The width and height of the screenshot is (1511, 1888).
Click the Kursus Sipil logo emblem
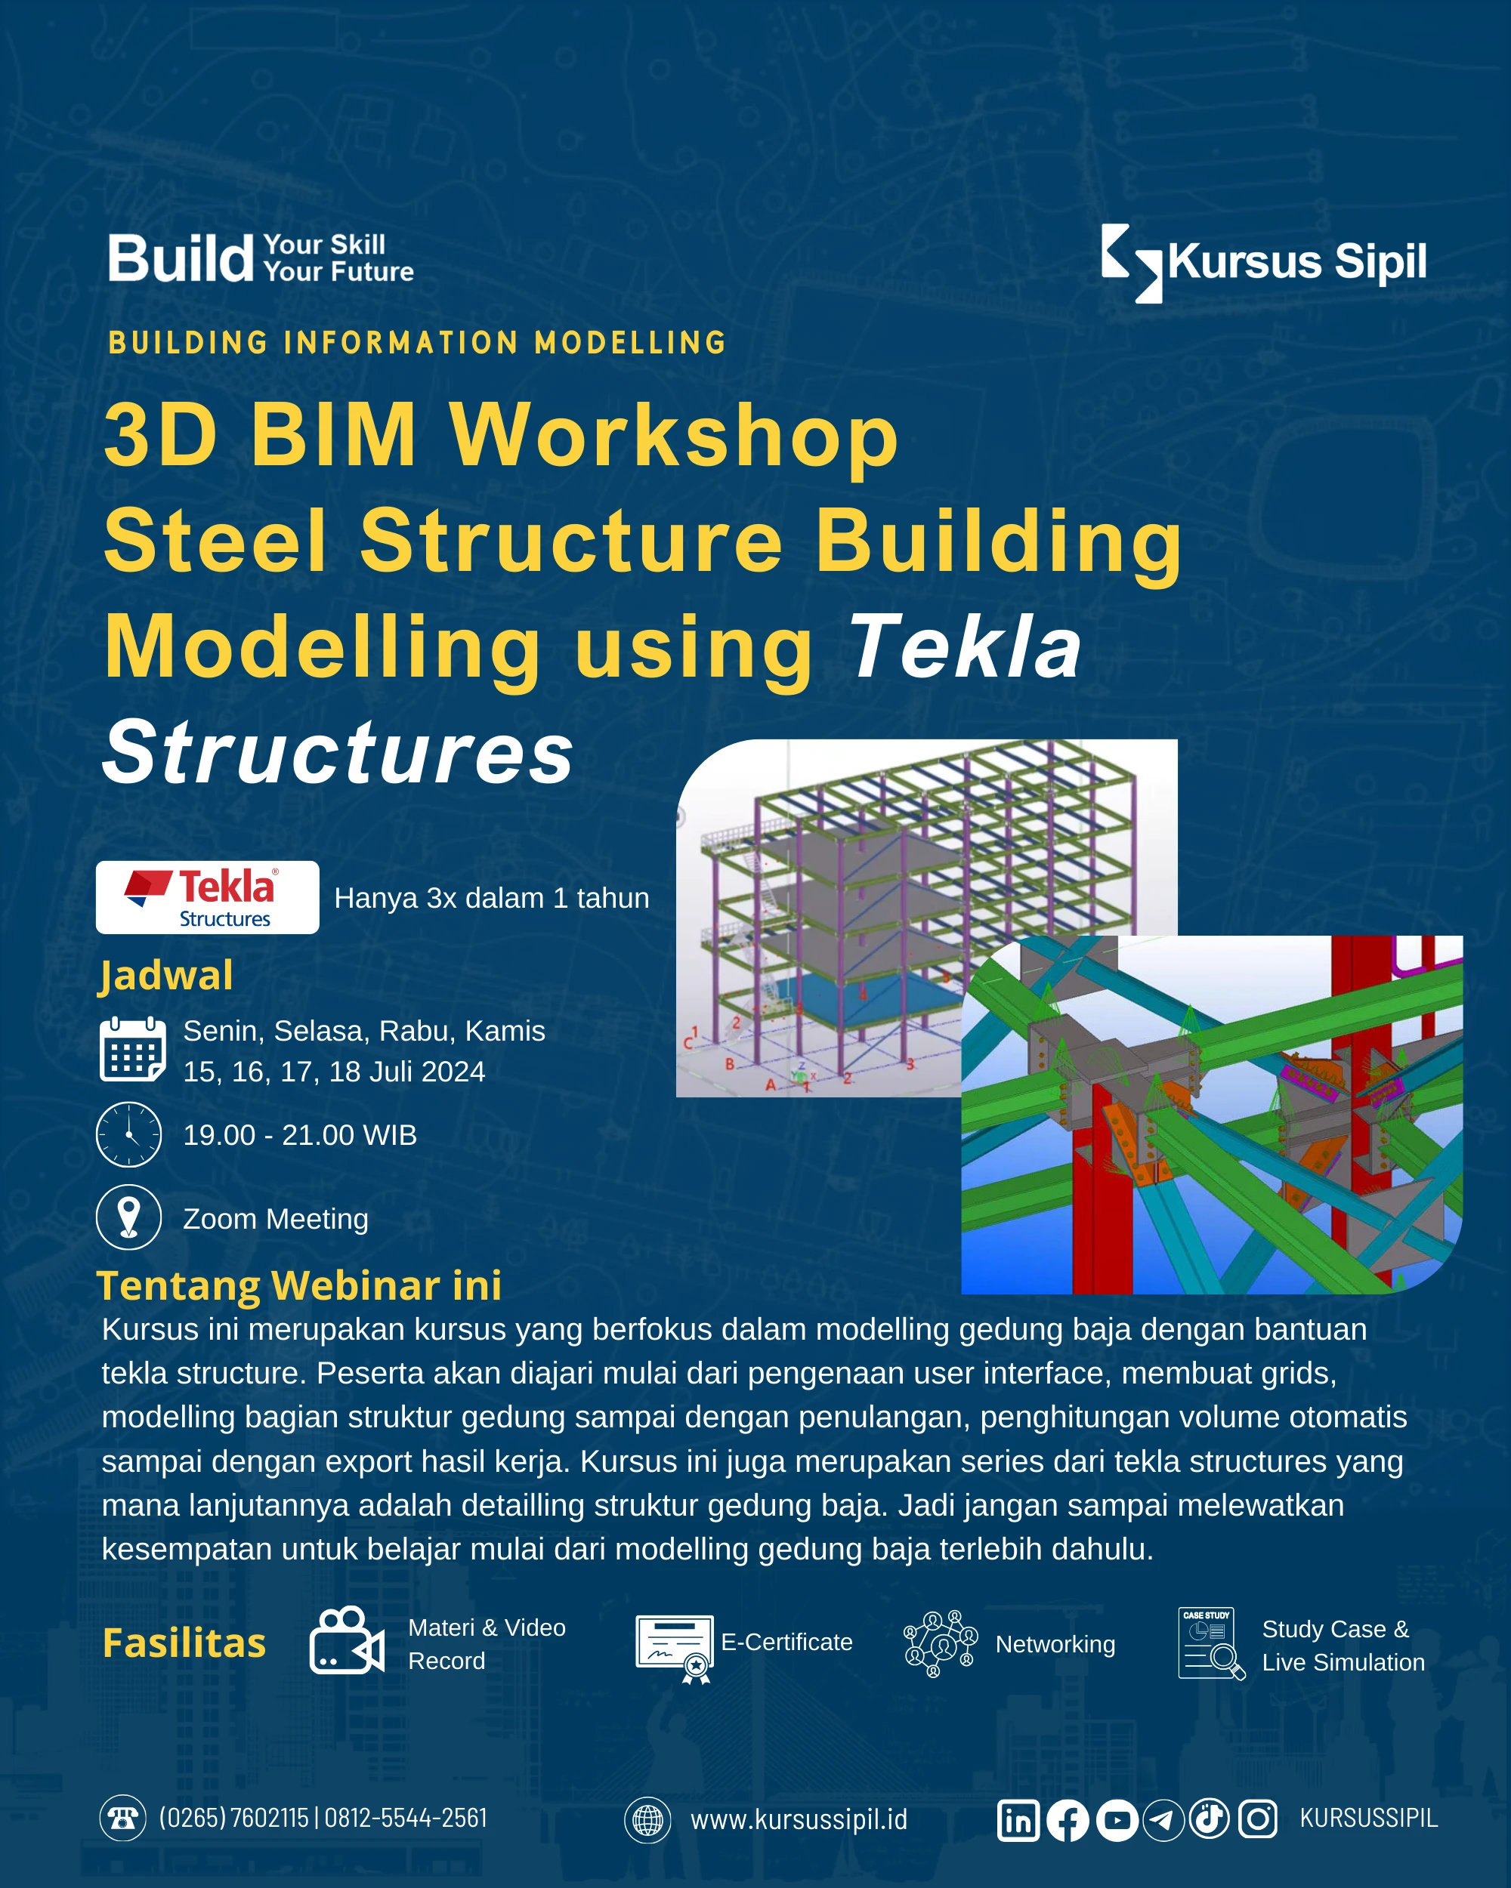click(1131, 264)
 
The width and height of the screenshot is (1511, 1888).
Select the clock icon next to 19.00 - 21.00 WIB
click(128, 1134)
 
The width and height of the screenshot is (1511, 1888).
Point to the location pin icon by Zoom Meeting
click(128, 1217)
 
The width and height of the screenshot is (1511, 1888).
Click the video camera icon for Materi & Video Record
click(347, 1640)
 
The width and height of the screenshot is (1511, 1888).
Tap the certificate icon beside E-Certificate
click(675, 1649)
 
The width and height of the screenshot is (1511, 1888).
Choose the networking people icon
click(941, 1643)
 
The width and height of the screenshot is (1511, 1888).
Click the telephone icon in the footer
click(122, 1818)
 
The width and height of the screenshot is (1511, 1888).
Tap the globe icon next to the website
click(647, 1820)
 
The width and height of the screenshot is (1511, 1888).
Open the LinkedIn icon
click(1018, 1821)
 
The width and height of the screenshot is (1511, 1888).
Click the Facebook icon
click(1068, 1821)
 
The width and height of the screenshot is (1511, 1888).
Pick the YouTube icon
click(1117, 1821)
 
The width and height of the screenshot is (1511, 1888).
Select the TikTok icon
click(1210, 1820)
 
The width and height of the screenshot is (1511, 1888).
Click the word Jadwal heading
click(165, 976)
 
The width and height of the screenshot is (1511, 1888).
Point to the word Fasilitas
click(184, 1643)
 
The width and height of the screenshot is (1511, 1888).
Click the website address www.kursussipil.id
click(799, 1820)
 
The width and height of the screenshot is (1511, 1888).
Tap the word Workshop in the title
click(675, 435)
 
